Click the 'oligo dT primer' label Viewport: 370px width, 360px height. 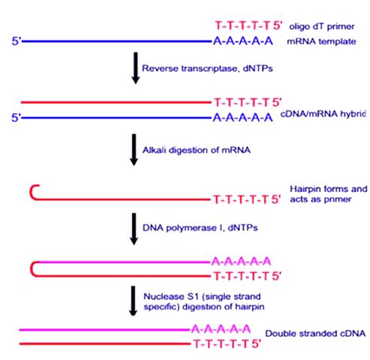(322, 26)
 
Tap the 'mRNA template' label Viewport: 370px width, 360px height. (321, 41)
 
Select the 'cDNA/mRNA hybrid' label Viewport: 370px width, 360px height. (323, 114)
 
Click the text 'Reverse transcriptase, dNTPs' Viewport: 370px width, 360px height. (207, 68)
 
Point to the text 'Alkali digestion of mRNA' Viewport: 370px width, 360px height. (197, 150)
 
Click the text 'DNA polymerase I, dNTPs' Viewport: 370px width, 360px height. (200, 228)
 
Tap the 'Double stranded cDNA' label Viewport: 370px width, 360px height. (315, 334)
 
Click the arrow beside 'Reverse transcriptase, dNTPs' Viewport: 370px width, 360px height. (135, 68)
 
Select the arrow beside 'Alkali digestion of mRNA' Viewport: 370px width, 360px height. (134, 150)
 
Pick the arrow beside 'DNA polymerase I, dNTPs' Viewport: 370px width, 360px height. (134, 229)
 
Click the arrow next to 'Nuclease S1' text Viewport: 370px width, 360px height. (133, 301)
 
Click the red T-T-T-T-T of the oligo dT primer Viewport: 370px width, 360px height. (242, 25)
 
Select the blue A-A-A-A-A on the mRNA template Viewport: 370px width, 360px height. (243, 41)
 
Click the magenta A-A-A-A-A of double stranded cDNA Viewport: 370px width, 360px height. (221, 329)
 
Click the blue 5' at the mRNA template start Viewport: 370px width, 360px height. (17, 41)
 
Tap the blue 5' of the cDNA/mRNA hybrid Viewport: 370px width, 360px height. (17, 118)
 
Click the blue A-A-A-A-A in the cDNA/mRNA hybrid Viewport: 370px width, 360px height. (242, 117)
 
